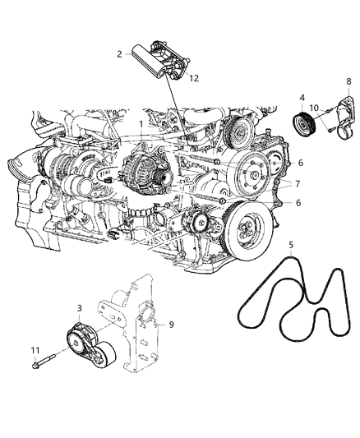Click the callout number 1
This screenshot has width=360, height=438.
click(x=141, y=124)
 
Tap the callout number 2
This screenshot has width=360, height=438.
click(x=120, y=54)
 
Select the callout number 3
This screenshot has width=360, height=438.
click(x=80, y=308)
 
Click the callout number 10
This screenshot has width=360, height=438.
click(x=314, y=108)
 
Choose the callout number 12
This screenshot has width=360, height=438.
click(x=194, y=79)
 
